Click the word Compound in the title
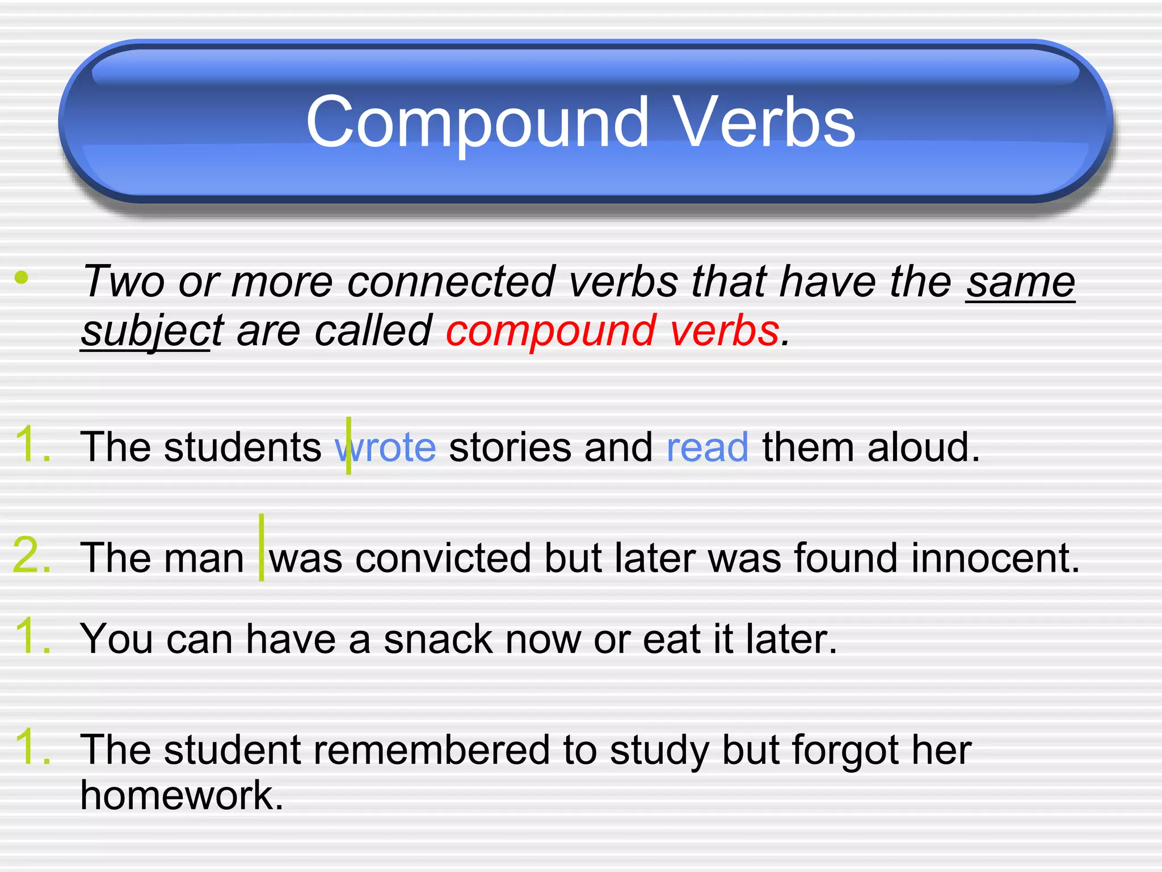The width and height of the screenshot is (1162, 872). (477, 122)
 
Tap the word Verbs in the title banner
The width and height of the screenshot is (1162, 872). (766, 122)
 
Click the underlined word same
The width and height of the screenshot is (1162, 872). (1020, 282)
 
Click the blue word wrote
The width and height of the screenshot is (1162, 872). (386, 447)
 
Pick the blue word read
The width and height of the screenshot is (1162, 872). (707, 447)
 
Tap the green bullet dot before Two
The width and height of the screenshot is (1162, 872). (22, 278)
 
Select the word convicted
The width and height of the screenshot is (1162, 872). (443, 558)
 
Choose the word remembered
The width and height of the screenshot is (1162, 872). (431, 750)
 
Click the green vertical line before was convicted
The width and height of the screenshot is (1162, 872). (262, 547)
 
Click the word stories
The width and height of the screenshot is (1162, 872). (510, 447)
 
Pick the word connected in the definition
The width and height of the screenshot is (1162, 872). (451, 282)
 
